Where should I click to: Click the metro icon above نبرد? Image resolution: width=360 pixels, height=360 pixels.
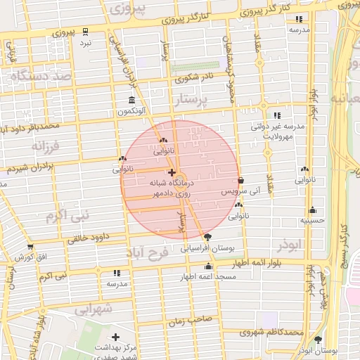[85, 32]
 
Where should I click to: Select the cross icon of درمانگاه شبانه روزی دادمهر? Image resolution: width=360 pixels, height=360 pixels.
[172, 172]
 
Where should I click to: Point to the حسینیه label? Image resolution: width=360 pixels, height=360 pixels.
[311, 220]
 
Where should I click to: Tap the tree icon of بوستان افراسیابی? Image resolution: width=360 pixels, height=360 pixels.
[206, 237]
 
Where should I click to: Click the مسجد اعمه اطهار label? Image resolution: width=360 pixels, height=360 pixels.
[208, 277]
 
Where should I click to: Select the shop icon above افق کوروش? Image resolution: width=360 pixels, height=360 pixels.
[30, 247]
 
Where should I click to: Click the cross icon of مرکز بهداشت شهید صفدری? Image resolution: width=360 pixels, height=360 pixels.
[115, 337]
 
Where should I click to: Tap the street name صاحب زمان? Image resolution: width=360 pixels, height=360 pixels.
[186, 321]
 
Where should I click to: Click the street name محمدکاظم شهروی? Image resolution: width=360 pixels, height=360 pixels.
[271, 332]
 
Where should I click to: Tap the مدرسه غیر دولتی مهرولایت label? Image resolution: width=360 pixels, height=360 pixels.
[278, 131]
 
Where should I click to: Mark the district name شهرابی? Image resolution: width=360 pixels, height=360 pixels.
[93, 308]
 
